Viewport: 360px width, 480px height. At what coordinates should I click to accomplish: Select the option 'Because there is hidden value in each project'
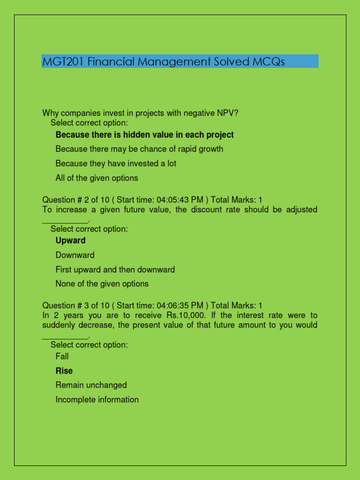pos(144,135)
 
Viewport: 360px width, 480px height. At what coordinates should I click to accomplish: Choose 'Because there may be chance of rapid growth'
pos(139,149)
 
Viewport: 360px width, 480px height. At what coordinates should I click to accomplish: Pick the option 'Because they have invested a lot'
pos(116,164)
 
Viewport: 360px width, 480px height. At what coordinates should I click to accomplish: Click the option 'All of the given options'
pos(97,178)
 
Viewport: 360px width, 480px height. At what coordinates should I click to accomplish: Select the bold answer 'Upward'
pos(70,240)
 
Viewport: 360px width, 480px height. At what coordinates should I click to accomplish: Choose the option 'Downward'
pos(75,255)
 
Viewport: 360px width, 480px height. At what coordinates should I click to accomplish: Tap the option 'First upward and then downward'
pos(115,270)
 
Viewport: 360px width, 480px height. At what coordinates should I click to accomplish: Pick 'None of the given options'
pos(102,284)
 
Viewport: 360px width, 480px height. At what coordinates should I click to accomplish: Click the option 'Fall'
pos(62,356)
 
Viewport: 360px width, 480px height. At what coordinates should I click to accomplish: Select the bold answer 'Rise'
pos(64,371)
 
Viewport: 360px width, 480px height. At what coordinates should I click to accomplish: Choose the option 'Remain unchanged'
pos(91,385)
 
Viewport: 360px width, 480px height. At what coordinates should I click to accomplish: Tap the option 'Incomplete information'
pos(97,399)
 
